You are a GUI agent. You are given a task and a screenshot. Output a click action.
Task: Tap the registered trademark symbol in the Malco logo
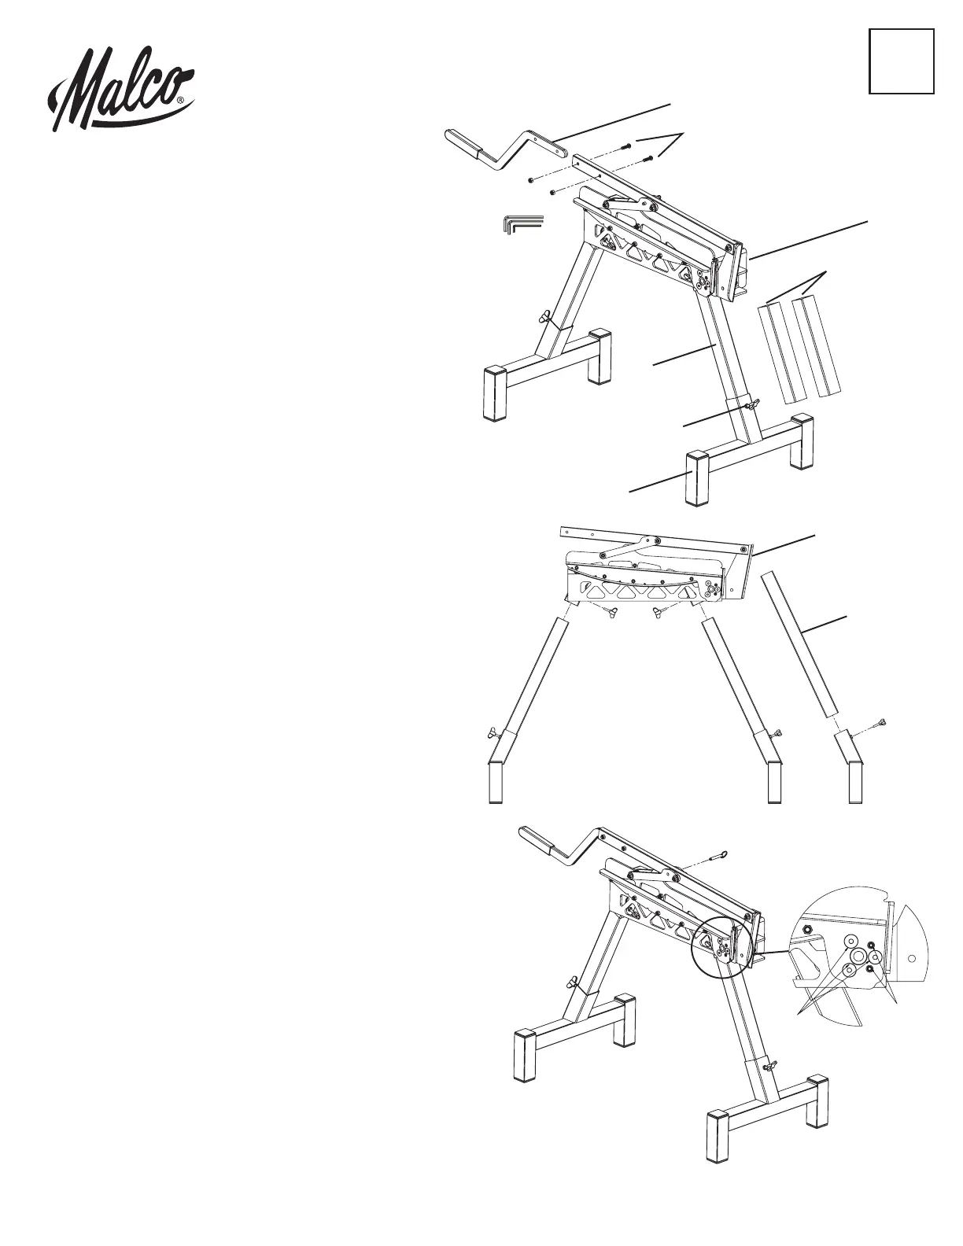(x=182, y=101)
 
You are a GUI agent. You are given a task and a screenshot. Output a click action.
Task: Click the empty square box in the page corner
(x=901, y=61)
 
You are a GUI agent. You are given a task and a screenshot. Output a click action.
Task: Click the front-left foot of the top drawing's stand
(x=496, y=393)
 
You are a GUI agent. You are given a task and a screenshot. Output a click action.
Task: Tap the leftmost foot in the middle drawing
(x=494, y=781)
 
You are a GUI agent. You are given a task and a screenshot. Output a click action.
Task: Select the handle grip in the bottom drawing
(x=539, y=842)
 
